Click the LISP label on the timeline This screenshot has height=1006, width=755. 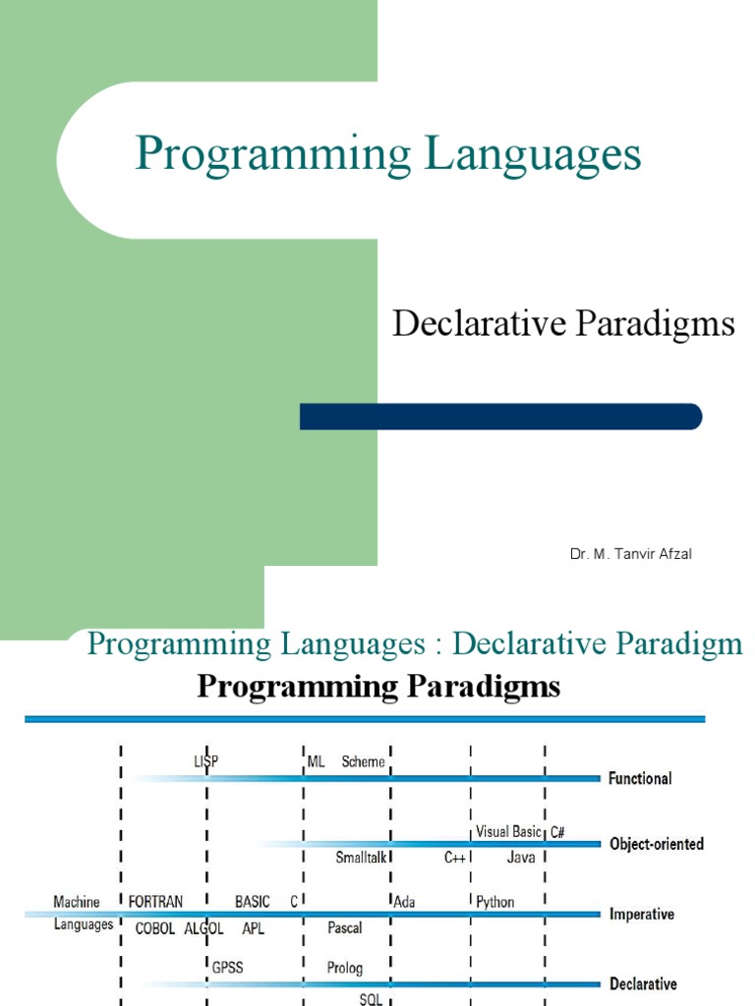(x=205, y=760)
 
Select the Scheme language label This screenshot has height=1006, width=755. (x=363, y=761)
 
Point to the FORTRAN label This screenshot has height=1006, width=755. (x=156, y=901)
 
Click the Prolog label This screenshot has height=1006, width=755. (x=344, y=968)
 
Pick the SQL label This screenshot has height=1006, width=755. (x=371, y=997)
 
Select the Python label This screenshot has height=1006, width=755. (x=495, y=901)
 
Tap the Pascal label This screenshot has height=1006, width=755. (x=344, y=927)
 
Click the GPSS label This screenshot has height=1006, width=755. (x=227, y=968)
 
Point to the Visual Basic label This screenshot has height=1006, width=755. (x=507, y=831)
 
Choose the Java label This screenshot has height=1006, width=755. (x=520, y=857)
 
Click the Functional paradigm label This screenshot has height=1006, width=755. (x=640, y=778)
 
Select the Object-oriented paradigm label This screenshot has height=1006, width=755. (x=657, y=844)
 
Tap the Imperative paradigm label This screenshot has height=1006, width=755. (x=642, y=914)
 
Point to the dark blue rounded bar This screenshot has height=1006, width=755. (x=500, y=417)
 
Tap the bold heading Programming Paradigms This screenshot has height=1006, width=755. (x=378, y=687)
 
